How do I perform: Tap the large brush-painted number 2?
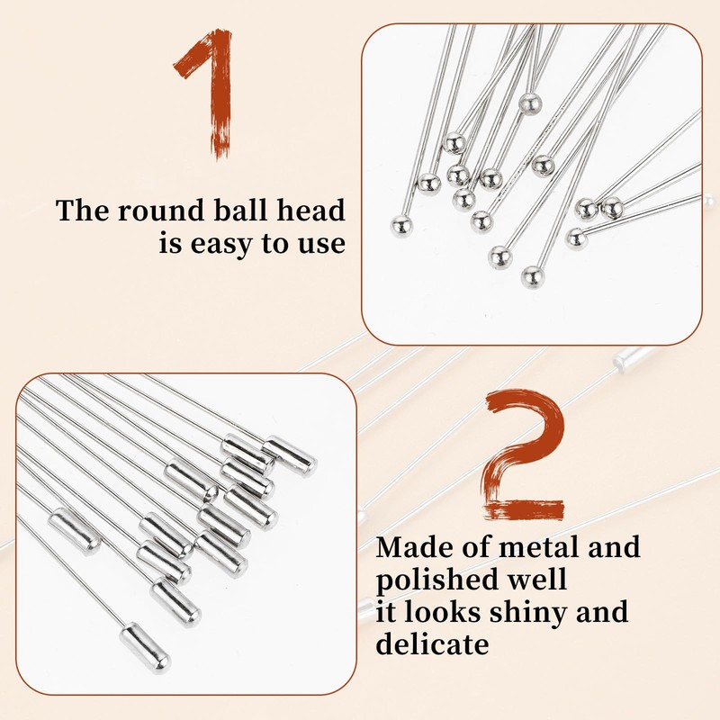click(525, 454)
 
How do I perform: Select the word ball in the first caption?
click(241, 210)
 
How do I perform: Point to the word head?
click(310, 210)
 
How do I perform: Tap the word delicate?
click(432, 643)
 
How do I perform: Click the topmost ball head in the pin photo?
click(530, 103)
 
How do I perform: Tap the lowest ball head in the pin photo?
click(533, 277)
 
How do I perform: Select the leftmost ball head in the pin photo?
click(401, 226)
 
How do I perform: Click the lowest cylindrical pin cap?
click(146, 648)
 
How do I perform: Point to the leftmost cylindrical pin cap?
click(75, 531)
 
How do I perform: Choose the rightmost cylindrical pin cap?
click(289, 456)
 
